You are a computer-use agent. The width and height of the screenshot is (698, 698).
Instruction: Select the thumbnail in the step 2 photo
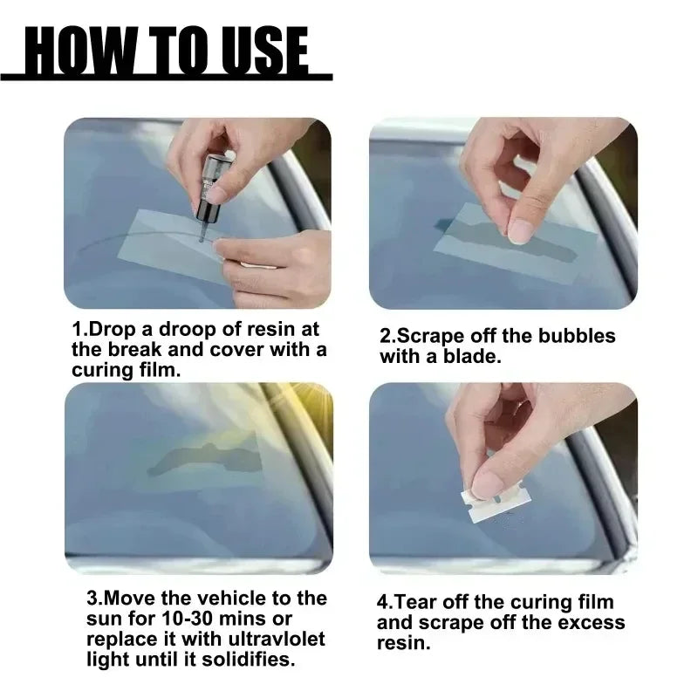tap(521, 230)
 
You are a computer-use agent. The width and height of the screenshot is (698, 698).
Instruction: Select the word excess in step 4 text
tap(592, 622)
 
